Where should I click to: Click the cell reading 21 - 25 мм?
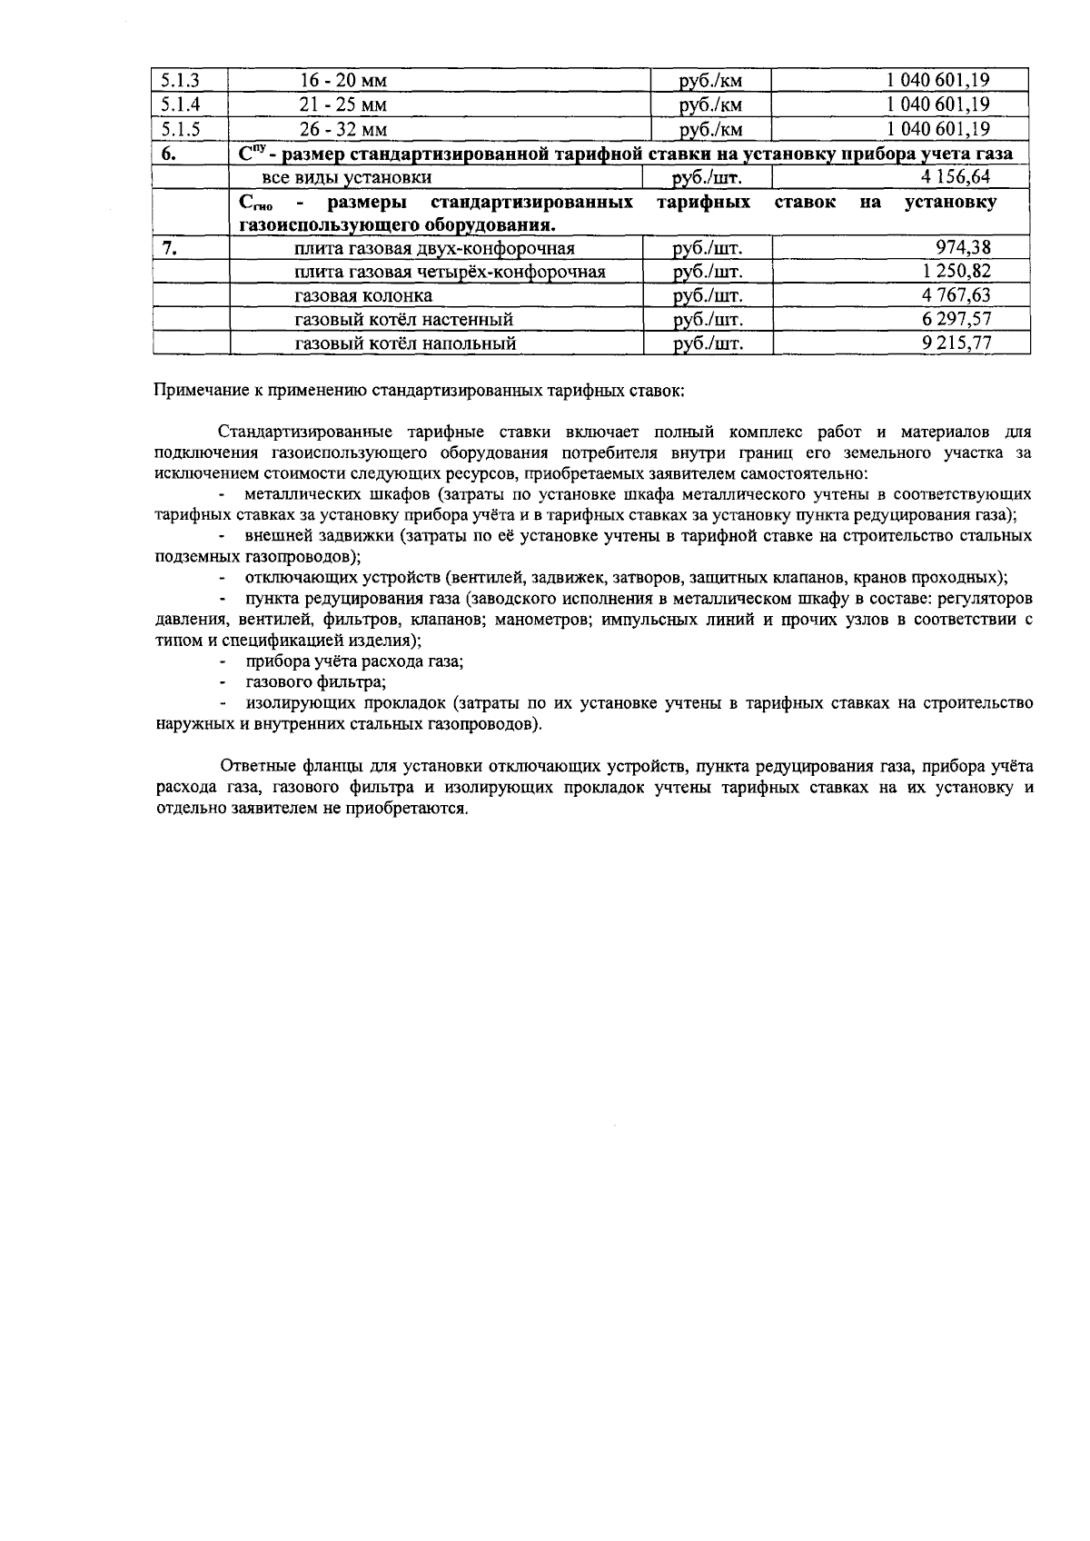pos(343,104)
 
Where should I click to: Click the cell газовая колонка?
pos(363,296)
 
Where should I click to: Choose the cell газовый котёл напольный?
pos(405,344)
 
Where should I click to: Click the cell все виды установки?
pos(347,178)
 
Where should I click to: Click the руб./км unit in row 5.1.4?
pos(711,104)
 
